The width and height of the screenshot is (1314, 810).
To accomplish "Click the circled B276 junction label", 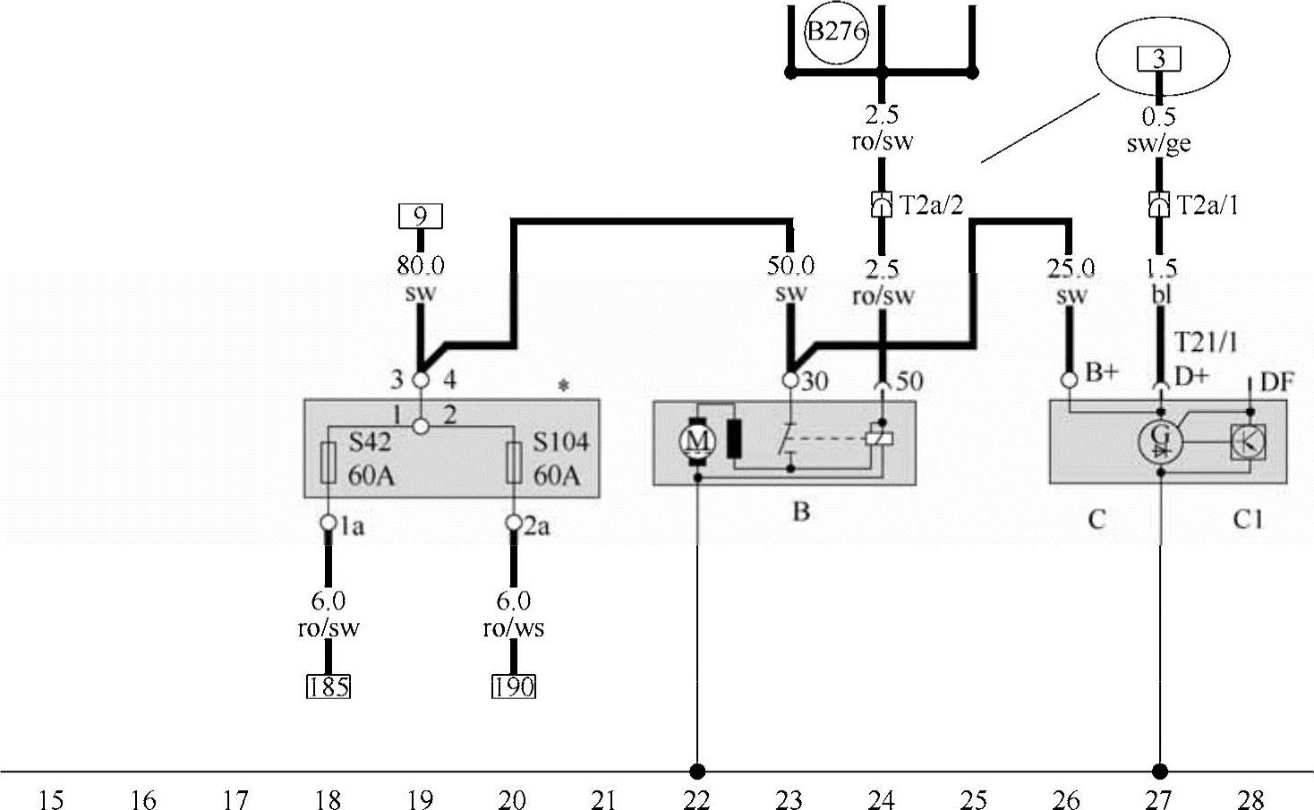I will pyautogui.click(x=837, y=33).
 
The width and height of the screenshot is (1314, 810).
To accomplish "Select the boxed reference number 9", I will pyautogui.click(x=420, y=217).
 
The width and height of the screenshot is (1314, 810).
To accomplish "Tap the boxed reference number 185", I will pyautogui.click(x=328, y=686).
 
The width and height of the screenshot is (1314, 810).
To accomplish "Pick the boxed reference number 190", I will pyautogui.click(x=514, y=686).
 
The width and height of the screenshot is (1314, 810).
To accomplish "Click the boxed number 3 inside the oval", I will pyautogui.click(x=1159, y=60).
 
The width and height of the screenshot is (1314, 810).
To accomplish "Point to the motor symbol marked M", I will pyautogui.click(x=696, y=440).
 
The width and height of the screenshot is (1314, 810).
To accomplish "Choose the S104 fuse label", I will pyautogui.click(x=560, y=443).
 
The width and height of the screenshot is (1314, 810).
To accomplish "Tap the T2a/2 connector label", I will pyautogui.click(x=932, y=206).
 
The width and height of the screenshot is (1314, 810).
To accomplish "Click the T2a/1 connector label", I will pyautogui.click(x=1208, y=206).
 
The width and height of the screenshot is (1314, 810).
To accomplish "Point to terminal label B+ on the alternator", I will pyautogui.click(x=1102, y=373).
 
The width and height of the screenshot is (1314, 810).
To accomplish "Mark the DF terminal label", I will pyautogui.click(x=1276, y=382).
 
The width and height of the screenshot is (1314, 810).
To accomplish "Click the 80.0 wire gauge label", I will pyautogui.click(x=420, y=265).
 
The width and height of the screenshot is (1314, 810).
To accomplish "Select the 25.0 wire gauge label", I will pyautogui.click(x=1071, y=268).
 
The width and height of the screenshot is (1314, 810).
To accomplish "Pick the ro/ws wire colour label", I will pyautogui.click(x=514, y=628).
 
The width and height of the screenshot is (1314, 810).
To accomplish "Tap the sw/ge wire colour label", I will pyautogui.click(x=1159, y=143).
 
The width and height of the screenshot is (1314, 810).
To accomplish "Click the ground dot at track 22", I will pyautogui.click(x=697, y=771).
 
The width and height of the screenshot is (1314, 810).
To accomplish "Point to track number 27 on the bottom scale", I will pyautogui.click(x=1159, y=799).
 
